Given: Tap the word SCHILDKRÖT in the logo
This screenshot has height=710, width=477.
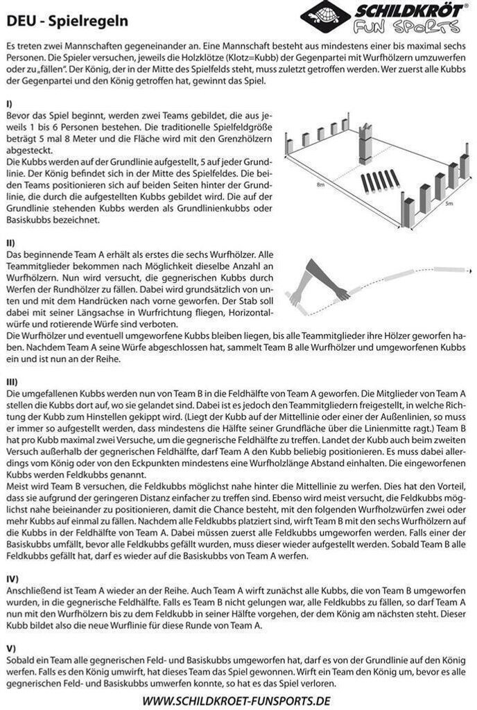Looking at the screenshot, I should tap(408, 11).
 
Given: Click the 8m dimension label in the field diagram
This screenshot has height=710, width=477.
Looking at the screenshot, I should tap(321, 186).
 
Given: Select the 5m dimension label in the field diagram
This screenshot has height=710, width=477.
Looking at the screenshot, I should tap(449, 204).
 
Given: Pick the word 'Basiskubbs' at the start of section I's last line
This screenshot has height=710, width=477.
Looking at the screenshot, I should tap(28, 220).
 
